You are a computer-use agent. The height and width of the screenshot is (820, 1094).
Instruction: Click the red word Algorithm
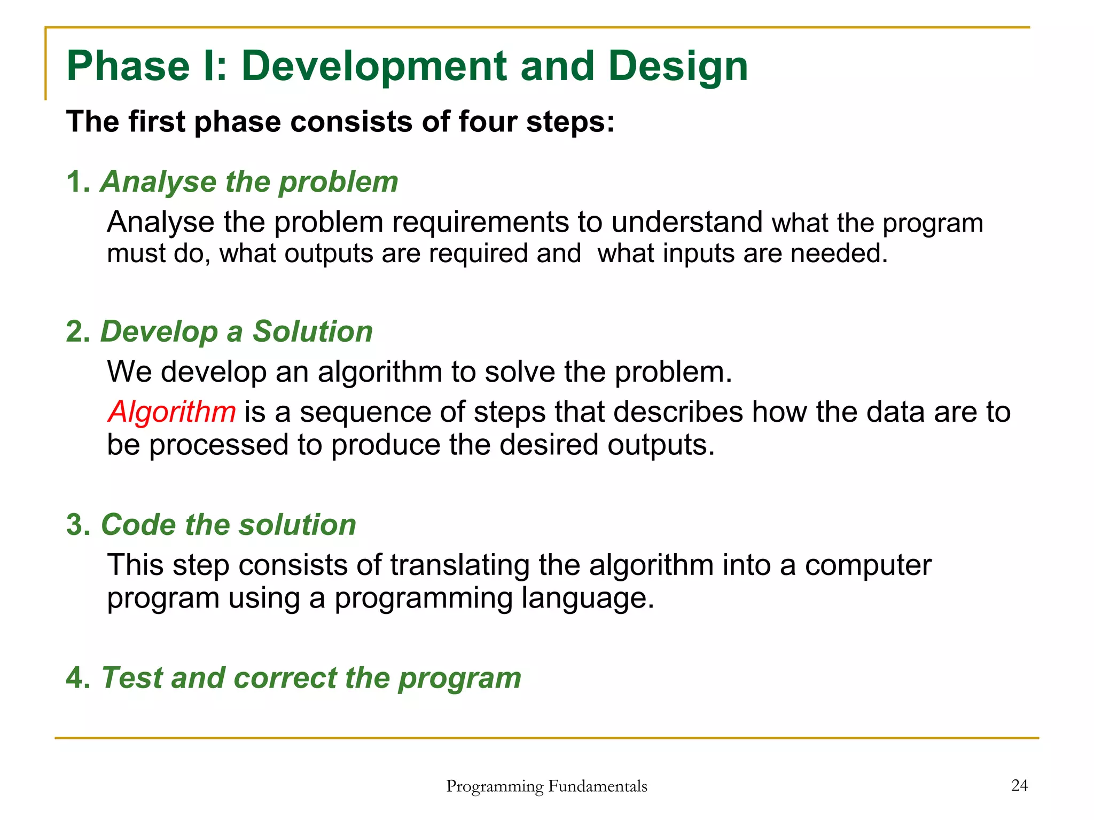[x=171, y=413]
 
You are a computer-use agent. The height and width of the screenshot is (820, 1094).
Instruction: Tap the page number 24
[x=1019, y=785]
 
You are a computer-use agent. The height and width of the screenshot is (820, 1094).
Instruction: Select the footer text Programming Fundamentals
[x=546, y=786]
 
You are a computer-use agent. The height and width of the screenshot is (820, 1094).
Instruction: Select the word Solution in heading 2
[x=312, y=332]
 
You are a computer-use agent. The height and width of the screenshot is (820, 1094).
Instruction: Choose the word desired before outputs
[x=549, y=445]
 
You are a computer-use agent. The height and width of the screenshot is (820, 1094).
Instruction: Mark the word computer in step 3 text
[x=868, y=565]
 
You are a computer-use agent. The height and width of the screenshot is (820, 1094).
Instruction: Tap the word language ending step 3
[x=587, y=598]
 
